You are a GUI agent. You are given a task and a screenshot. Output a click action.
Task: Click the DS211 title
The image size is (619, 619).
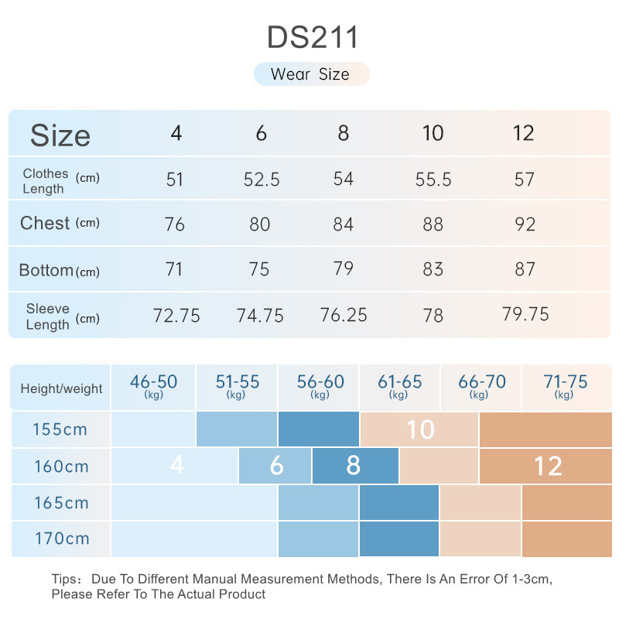click(x=313, y=36)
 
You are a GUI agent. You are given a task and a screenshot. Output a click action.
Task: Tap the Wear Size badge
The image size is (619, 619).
click(x=311, y=74)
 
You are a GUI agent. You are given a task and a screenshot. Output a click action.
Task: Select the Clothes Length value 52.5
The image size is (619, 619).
click(x=261, y=180)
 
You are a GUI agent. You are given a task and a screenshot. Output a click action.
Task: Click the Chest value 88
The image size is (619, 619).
click(x=433, y=224)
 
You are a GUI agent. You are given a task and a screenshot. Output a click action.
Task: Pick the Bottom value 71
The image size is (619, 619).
click(x=174, y=269)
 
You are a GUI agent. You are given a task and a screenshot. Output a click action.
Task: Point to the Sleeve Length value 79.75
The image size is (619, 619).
click(x=525, y=313)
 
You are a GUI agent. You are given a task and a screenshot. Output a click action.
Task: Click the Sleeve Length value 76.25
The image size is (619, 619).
click(x=343, y=315)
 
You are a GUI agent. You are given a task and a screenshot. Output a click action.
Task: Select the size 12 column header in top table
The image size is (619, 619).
click(x=524, y=133)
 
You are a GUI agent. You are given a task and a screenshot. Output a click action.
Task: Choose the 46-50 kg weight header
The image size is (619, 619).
click(x=153, y=386)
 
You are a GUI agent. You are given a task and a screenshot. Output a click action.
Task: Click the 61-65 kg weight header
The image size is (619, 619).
click(x=399, y=386)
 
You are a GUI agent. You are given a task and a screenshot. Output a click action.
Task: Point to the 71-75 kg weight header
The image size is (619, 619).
click(x=565, y=386)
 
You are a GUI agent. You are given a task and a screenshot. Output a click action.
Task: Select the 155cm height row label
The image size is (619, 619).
click(x=61, y=429)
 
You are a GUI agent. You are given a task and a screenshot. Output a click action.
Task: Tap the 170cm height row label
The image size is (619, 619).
click(x=61, y=539)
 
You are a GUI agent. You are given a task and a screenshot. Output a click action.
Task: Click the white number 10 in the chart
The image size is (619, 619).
click(x=420, y=429)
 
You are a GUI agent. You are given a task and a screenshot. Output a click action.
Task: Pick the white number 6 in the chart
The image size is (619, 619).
click(x=276, y=467)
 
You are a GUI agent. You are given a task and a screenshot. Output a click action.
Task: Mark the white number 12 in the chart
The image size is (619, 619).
click(x=547, y=467)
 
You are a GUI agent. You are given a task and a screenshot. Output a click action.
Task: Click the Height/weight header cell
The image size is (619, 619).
click(x=61, y=388)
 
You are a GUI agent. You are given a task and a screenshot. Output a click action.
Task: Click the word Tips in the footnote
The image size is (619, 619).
click(x=66, y=579)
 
